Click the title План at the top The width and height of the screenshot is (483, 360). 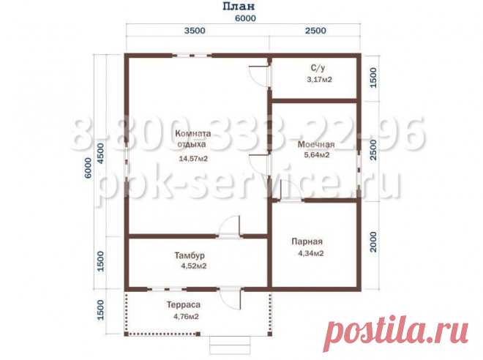coord(239,6)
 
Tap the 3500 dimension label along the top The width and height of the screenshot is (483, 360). coord(195,31)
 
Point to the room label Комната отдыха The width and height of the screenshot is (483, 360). coord(192,138)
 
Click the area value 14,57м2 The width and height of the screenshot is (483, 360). coord(193,159)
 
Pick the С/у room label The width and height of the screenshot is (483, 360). coord(318,68)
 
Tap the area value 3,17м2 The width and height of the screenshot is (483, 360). coord(319,80)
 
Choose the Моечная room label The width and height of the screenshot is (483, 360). coord(316,144)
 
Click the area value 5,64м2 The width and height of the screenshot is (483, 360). coord(317,154)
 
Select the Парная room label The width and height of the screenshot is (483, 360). coord(307,241)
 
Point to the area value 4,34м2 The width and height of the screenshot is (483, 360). coord(311,253)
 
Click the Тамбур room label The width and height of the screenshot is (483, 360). coord(190,255)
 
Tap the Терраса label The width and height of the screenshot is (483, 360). coord(184,304)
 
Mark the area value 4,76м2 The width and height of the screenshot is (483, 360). coord(186,316)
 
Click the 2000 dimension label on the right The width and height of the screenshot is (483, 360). coord(373,242)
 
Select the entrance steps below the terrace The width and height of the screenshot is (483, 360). coord(230,345)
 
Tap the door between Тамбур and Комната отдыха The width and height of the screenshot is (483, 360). coord(229,226)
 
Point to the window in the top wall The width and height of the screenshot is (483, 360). coord(192,56)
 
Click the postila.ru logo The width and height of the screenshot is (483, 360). coord(396,334)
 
